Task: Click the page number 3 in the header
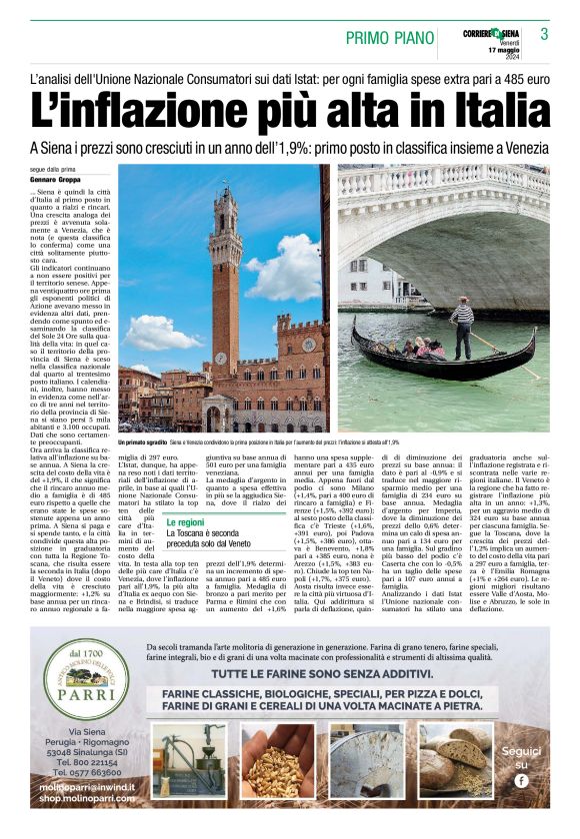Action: (544, 34)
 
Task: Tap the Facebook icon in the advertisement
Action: (521, 780)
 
